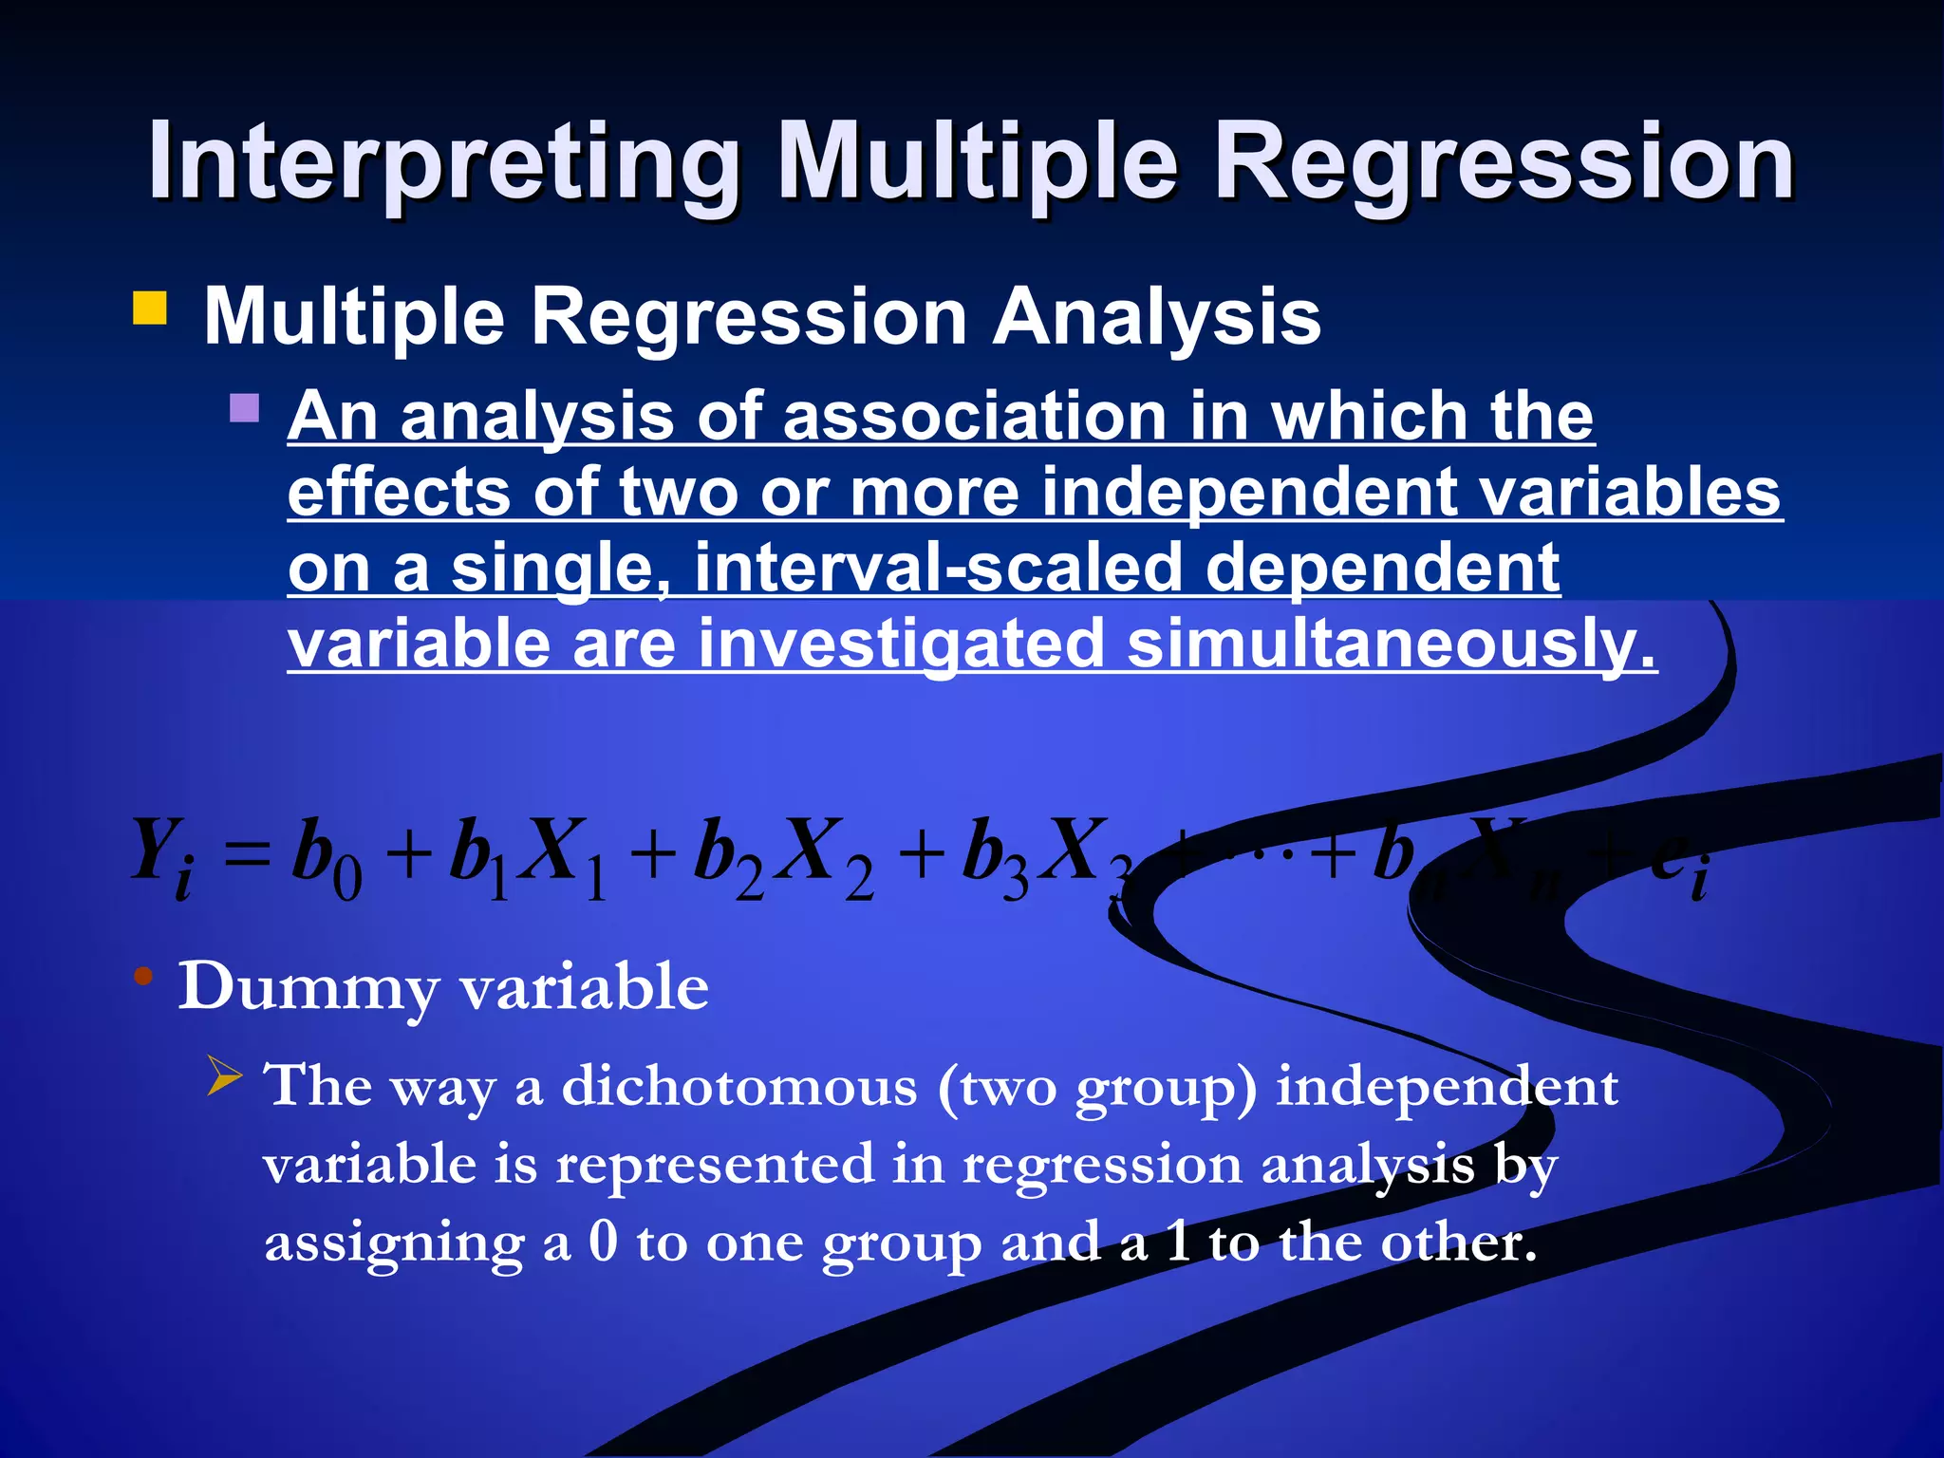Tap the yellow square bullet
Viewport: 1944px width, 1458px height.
click(150, 308)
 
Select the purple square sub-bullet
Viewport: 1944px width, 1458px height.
click(245, 408)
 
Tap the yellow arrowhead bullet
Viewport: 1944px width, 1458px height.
click(226, 1078)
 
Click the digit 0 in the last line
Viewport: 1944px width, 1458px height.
click(604, 1241)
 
